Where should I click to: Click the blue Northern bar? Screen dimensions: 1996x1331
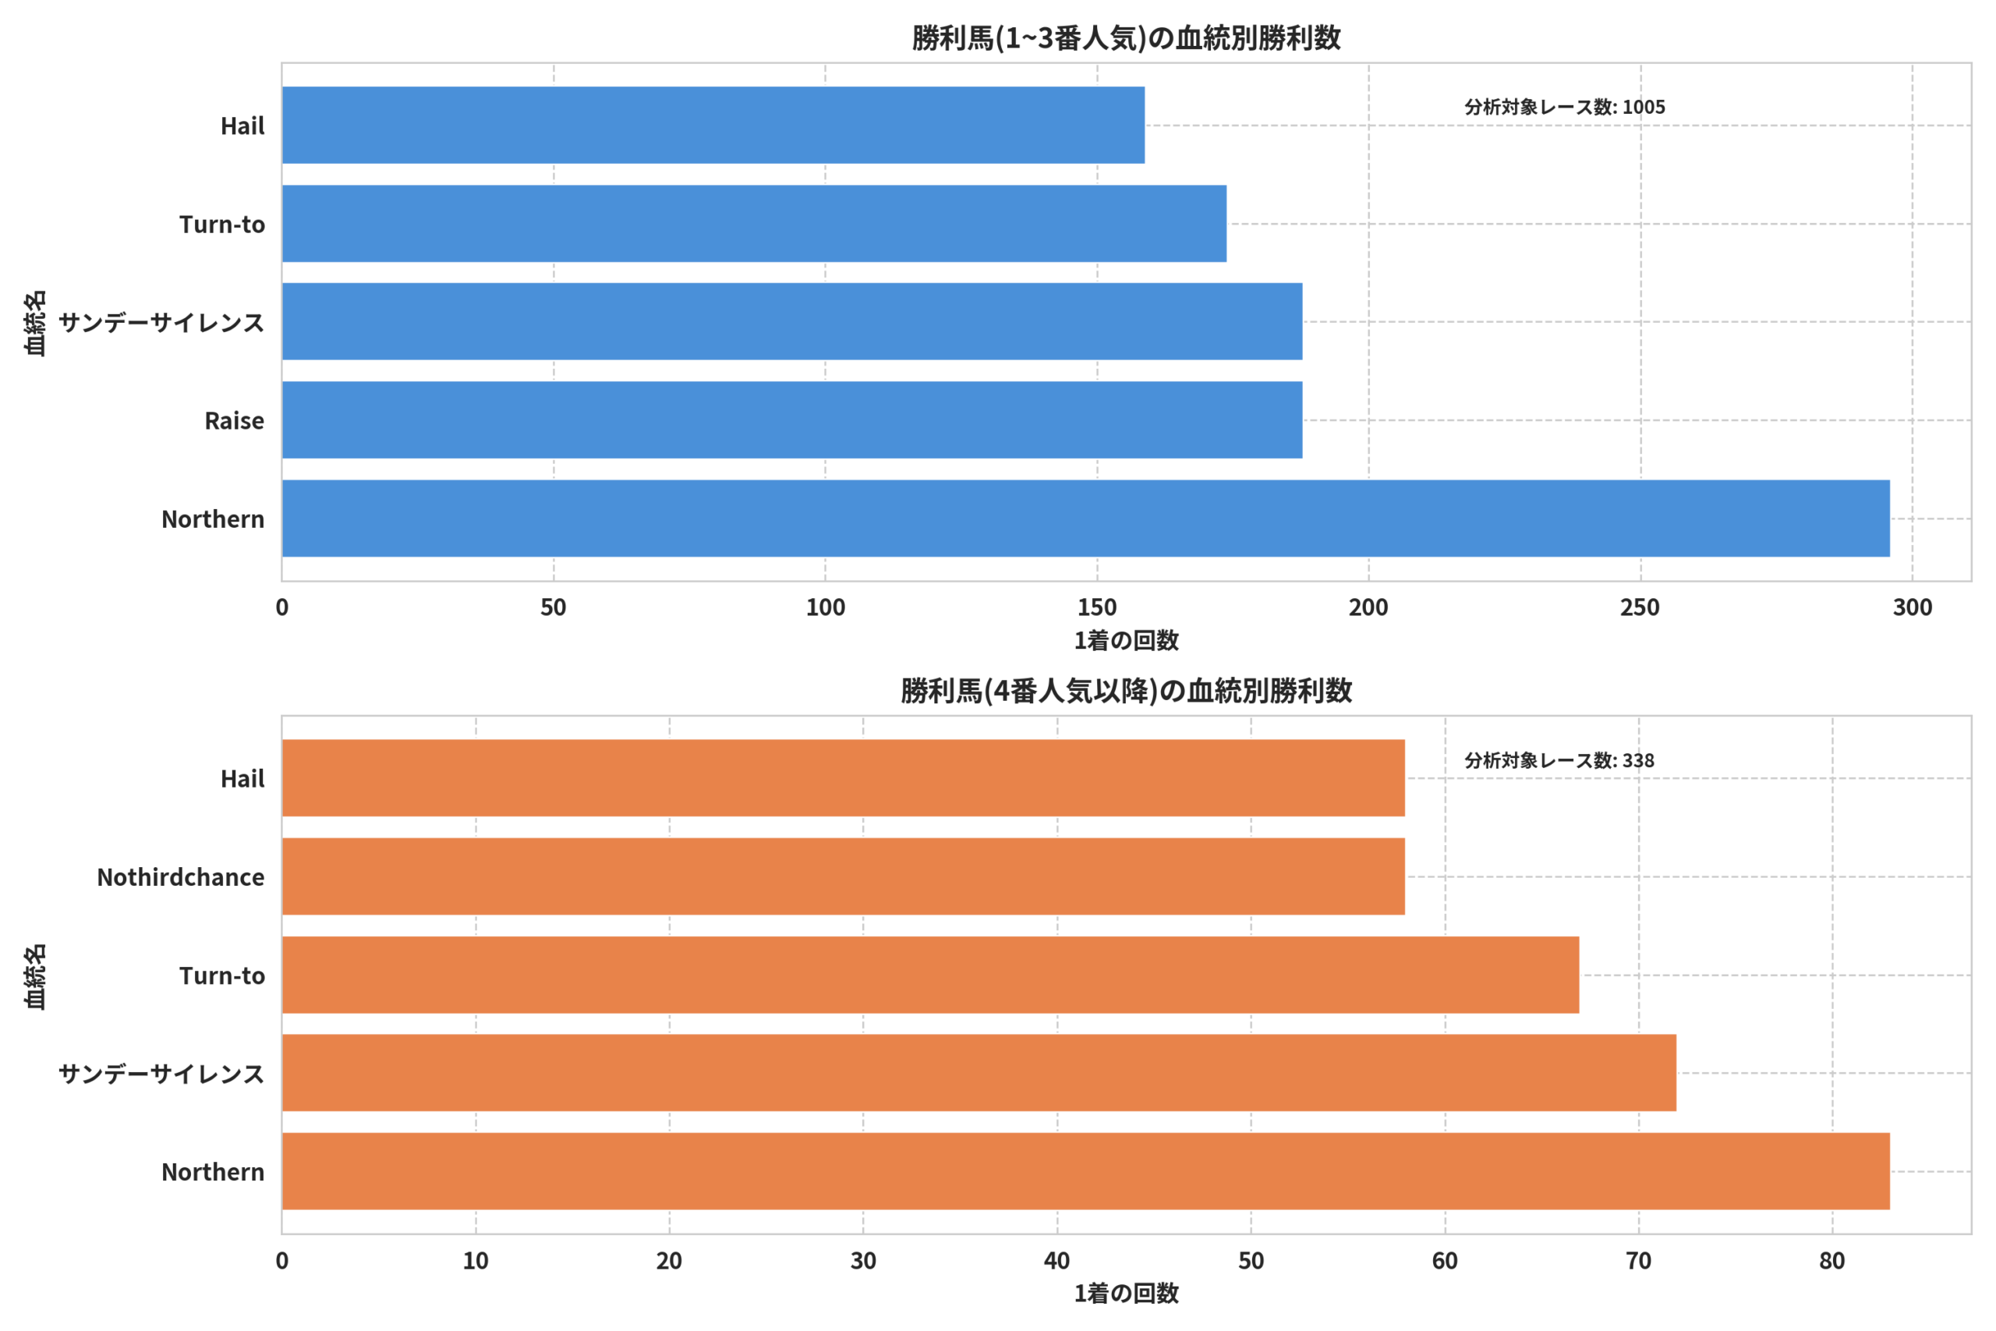click(x=1086, y=519)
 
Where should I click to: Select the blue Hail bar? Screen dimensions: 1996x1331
click(x=713, y=125)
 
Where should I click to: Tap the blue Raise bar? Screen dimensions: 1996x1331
click(x=793, y=420)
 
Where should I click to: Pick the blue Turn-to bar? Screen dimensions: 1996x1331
click(x=755, y=224)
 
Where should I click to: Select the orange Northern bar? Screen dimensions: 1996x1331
click(x=1086, y=1171)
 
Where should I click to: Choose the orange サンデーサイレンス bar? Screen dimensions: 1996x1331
click(x=979, y=1073)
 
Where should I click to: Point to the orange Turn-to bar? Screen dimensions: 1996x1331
click(x=931, y=975)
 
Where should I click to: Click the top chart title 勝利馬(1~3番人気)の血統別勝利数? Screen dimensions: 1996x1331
click(x=1126, y=38)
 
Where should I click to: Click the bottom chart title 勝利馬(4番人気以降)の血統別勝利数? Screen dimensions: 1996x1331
click(x=1126, y=691)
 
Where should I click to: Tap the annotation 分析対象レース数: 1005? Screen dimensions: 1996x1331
click(x=1565, y=107)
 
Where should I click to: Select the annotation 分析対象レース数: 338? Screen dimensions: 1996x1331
click(x=1560, y=760)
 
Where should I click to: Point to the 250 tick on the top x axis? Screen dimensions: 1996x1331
click(x=1640, y=607)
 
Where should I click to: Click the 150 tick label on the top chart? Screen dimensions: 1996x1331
click(x=1097, y=607)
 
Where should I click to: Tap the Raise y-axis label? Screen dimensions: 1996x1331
click(x=234, y=421)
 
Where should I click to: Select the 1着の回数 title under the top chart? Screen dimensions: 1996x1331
click(x=1126, y=641)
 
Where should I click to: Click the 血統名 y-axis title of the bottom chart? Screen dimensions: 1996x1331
click(x=35, y=976)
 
